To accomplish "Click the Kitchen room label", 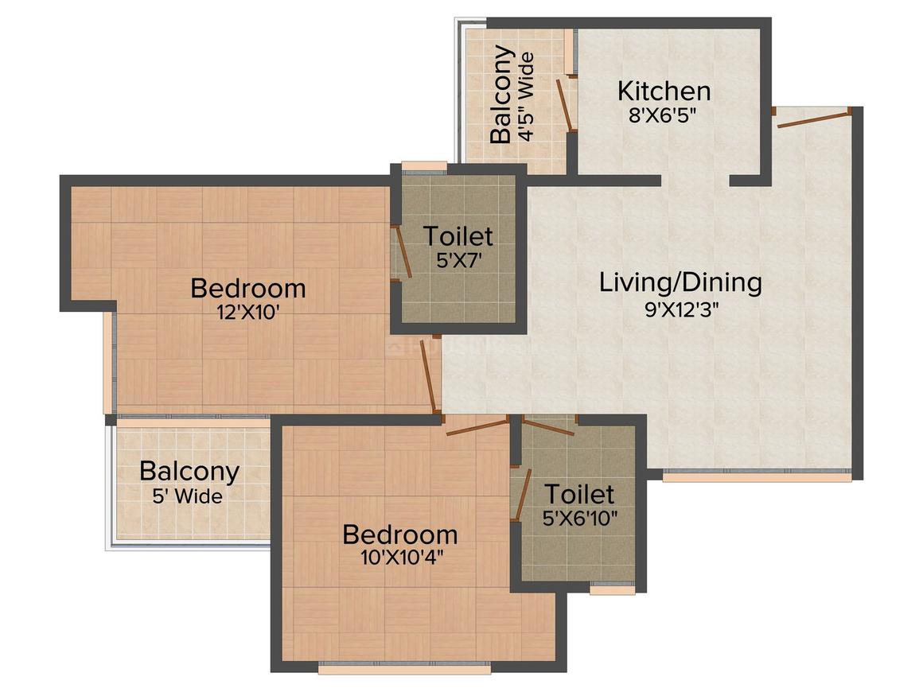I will pyautogui.click(x=664, y=91).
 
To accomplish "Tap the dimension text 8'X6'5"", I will pyautogui.click(x=663, y=115).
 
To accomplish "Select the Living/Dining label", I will pyautogui.click(x=680, y=282).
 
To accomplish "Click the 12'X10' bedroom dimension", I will pyautogui.click(x=247, y=312).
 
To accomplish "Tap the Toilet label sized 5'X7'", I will pyautogui.click(x=458, y=236).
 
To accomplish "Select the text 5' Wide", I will pyautogui.click(x=188, y=497).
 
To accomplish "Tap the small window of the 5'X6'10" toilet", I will pyautogui.click(x=612, y=590).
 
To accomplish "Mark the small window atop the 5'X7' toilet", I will pyautogui.click(x=424, y=166).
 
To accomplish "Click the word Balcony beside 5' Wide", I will pyautogui.click(x=189, y=471).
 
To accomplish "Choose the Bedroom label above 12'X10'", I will pyautogui.click(x=247, y=287).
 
